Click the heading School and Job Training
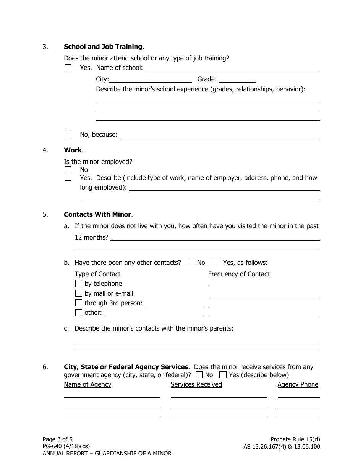[103, 47]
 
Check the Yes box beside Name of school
[68, 68]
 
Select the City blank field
[151, 79]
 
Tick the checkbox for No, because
[68, 135]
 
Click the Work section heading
[73, 150]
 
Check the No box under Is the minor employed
[68, 170]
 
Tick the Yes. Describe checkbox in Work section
[68, 178]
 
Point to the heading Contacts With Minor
[97, 214]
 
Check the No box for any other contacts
[191, 263]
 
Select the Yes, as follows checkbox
[217, 263]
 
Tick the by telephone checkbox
[79, 284]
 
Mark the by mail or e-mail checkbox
[79, 293]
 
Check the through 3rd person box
[79, 303]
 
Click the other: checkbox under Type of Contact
[79, 313]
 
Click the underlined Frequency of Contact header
[239, 274]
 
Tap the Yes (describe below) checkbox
[223, 375]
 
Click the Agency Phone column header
[298, 384]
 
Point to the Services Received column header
[196, 384]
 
